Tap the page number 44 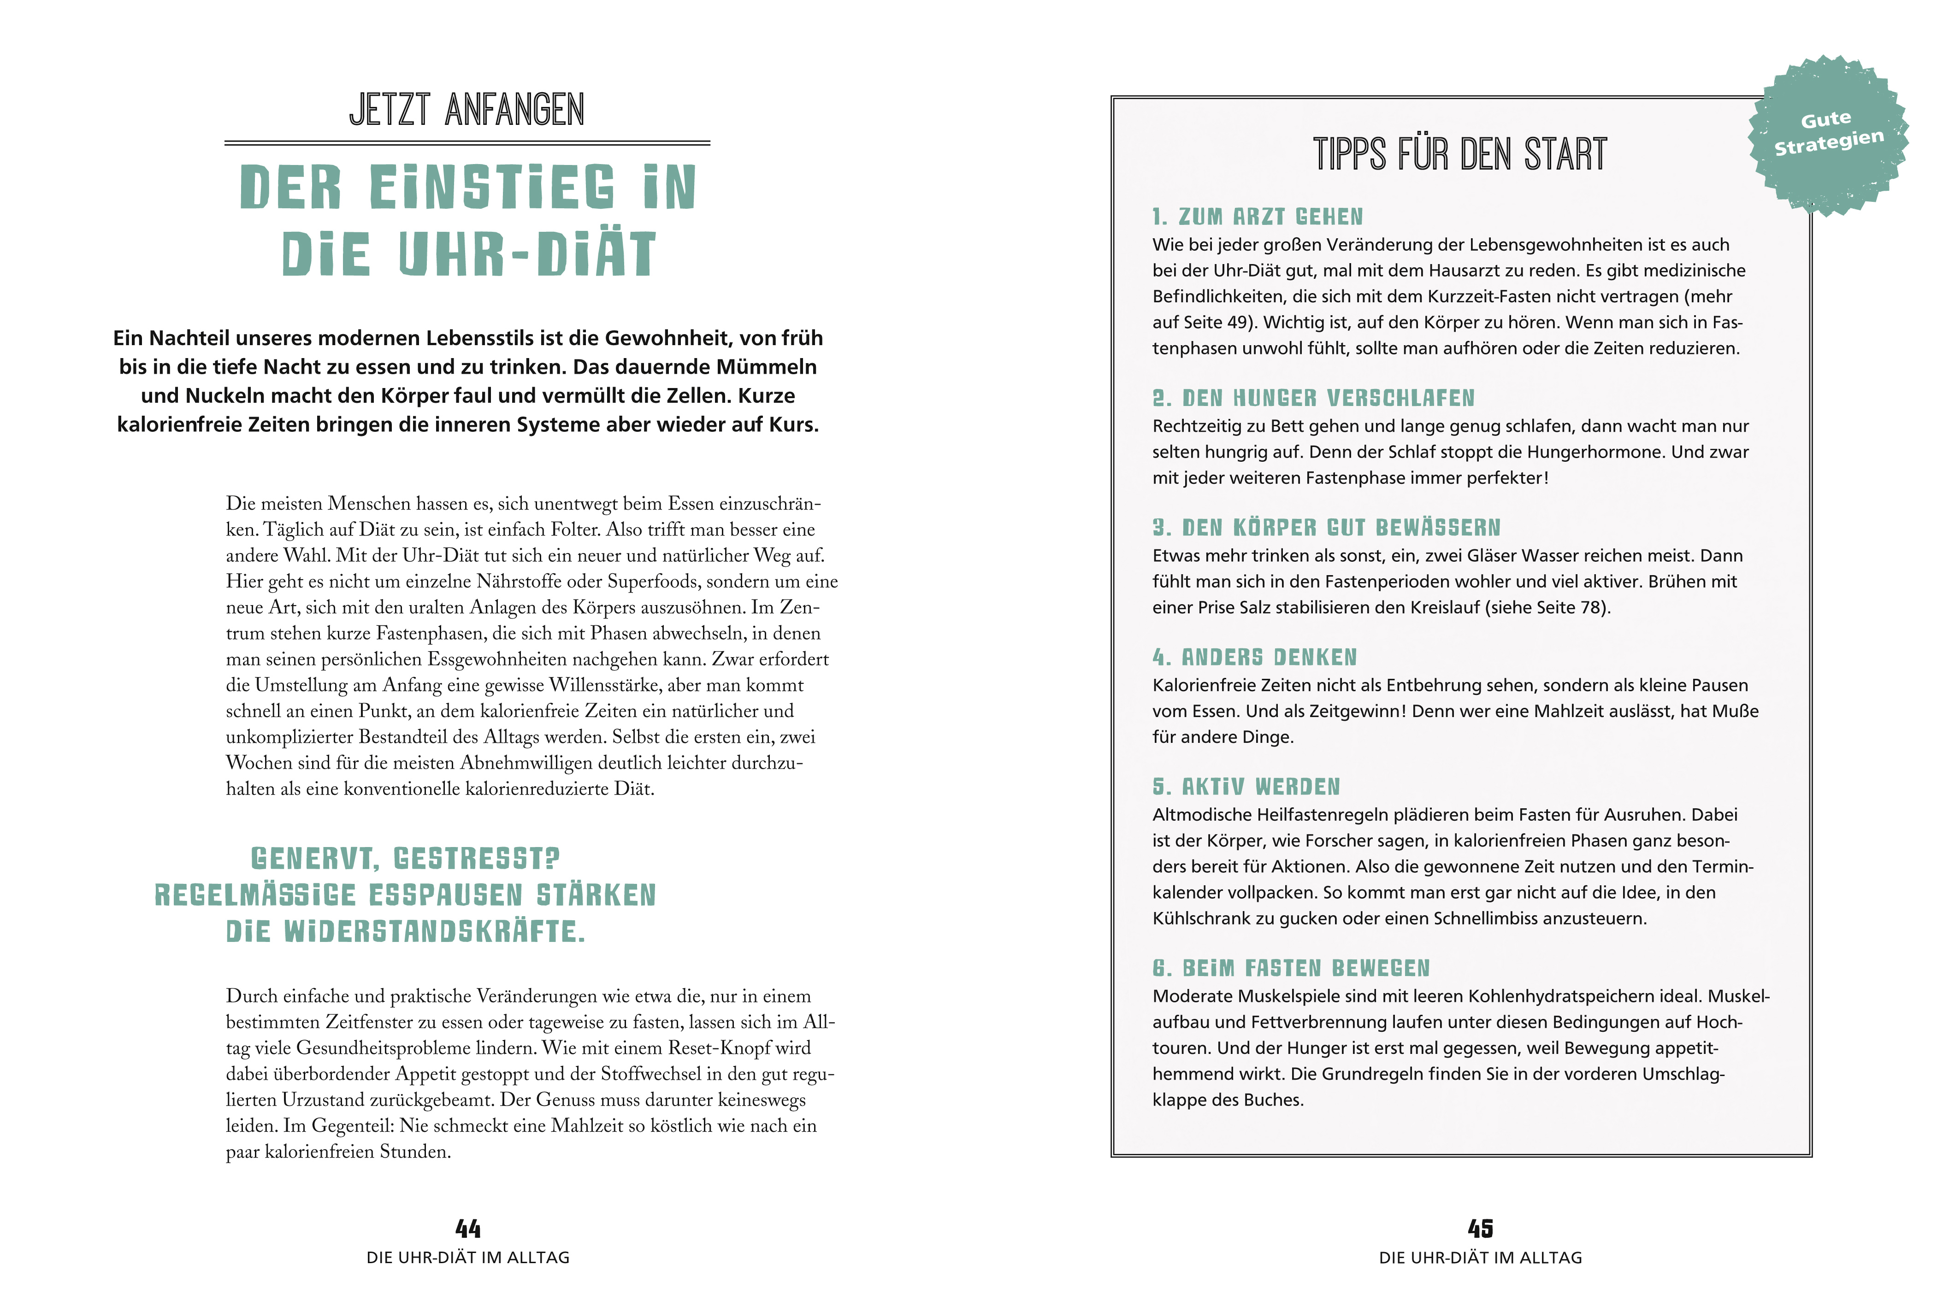(x=468, y=1229)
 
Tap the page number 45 (x=1480, y=1229)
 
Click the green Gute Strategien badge (x=1828, y=133)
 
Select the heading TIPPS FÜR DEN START (x=1460, y=155)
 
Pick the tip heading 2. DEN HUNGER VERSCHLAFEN (x=1313, y=398)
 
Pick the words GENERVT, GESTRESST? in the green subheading (x=406, y=859)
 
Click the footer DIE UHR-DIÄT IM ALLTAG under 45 (x=1480, y=1258)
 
